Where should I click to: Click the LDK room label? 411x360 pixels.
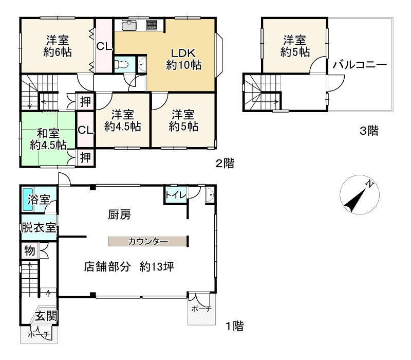coord(183,59)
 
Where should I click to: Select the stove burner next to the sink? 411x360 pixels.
coord(152,25)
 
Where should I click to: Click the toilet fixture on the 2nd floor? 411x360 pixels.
coord(121,64)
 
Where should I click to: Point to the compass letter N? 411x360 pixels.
coord(369,184)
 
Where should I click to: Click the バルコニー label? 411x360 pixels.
coord(360,65)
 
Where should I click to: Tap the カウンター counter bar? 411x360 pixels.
coord(148,241)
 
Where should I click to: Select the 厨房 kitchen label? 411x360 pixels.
coord(119,215)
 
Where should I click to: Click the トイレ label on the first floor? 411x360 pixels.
coord(175,195)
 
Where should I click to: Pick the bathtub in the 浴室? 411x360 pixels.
coord(28,199)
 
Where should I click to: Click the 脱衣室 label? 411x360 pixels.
coord(39,227)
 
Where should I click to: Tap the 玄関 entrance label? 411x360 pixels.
coord(46,316)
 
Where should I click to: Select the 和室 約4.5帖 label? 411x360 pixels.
coord(48,139)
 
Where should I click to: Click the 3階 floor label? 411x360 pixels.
coord(369,131)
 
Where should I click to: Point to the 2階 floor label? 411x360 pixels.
coord(225,164)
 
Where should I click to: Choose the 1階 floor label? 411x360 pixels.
coord(235,326)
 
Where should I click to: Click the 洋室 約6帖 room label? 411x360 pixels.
coord(58,46)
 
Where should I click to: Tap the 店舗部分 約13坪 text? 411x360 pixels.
coord(129,267)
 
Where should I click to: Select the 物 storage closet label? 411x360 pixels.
coord(30,251)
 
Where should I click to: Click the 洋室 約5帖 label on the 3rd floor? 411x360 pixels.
coord(295,46)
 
